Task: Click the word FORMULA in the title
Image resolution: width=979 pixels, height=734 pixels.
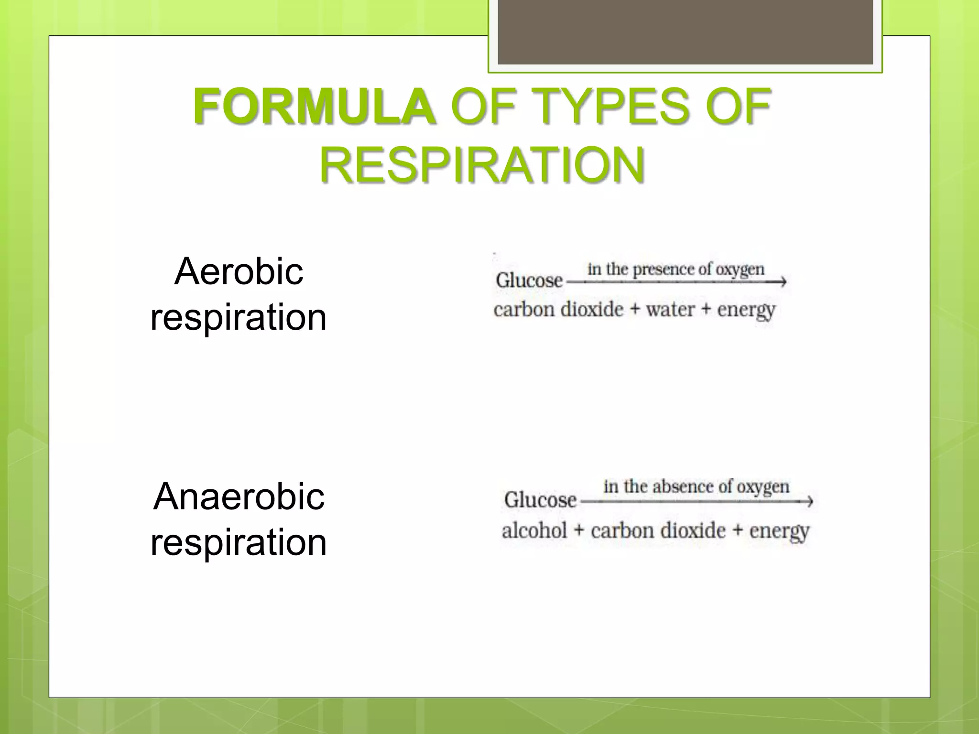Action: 314,106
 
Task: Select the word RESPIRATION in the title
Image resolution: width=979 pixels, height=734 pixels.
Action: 482,165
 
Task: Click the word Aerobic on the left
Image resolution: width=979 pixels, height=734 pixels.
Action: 239,271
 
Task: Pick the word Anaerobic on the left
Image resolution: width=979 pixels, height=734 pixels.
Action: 239,497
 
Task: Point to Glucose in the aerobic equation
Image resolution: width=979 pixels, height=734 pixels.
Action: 529,280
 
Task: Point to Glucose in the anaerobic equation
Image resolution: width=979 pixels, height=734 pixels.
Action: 540,500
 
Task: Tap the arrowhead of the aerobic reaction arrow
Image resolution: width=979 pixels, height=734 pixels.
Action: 782,282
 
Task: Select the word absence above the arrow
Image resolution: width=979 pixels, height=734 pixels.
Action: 684,486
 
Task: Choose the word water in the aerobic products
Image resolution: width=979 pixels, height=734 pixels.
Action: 670,310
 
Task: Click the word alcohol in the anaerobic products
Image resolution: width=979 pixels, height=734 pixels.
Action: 534,530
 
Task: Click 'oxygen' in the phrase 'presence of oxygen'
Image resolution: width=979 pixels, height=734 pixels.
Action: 740,270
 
